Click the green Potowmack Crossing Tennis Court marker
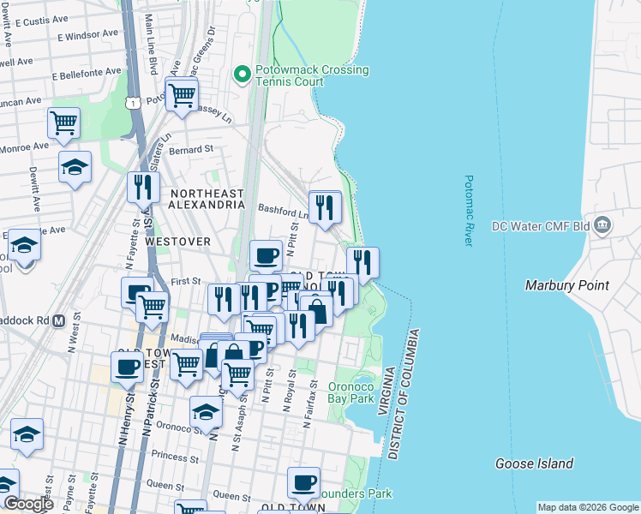click(243, 75)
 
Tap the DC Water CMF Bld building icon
click(602, 225)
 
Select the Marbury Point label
click(566, 285)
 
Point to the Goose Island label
click(534, 463)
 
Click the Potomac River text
click(469, 211)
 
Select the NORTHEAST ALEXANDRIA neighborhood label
click(206, 200)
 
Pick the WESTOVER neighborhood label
click(177, 242)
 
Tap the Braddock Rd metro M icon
click(59, 321)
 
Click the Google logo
click(28, 504)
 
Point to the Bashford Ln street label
click(284, 207)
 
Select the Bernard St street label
click(191, 149)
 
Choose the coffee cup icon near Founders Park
click(303, 483)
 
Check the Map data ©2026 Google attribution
click(588, 507)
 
